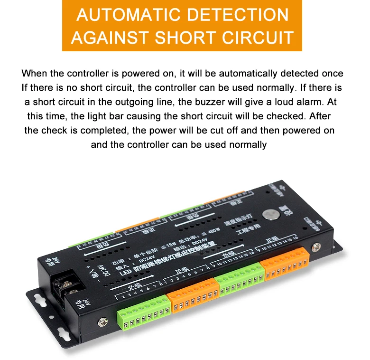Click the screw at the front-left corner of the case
tap(102, 322)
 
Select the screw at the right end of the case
tap(314, 247)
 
